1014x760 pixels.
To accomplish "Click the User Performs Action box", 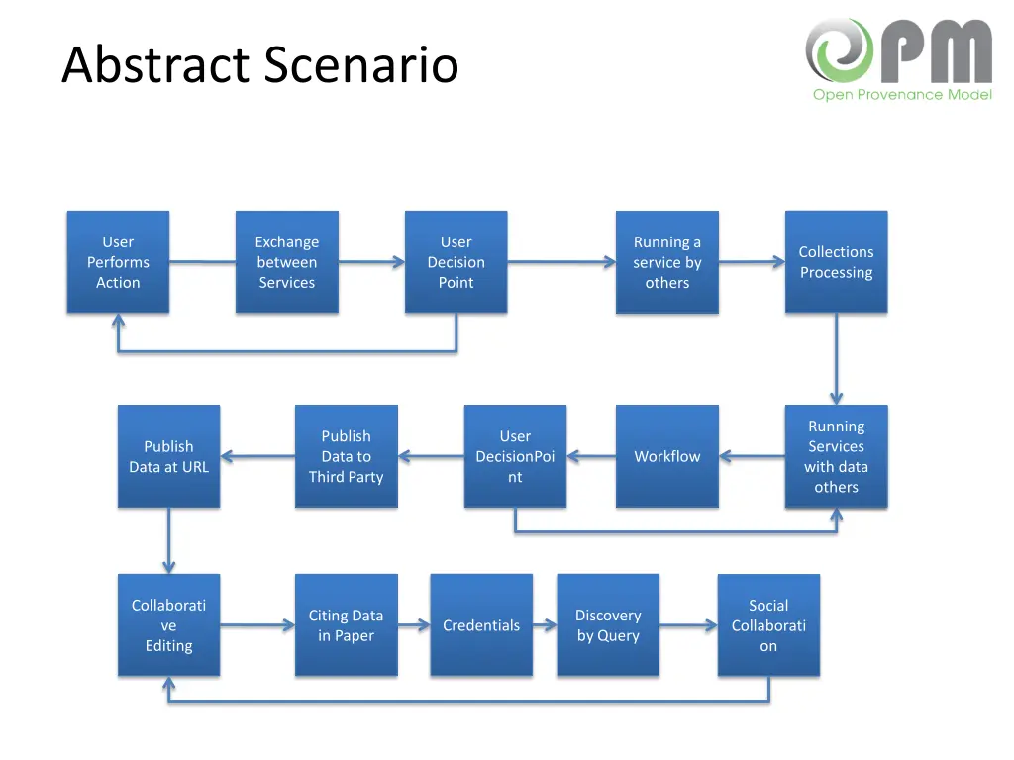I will (x=118, y=262).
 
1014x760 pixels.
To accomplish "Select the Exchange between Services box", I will (x=287, y=262).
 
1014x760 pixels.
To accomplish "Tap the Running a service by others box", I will (x=666, y=262).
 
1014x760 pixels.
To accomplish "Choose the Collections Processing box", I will (x=836, y=262).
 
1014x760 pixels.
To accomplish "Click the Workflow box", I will (x=666, y=456).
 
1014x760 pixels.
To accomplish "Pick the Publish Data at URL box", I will (x=168, y=456).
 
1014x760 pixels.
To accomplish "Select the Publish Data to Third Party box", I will (x=346, y=456).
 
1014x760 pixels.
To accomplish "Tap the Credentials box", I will (x=481, y=625).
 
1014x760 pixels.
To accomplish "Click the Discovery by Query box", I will (x=608, y=625).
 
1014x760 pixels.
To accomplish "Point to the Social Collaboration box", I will (x=768, y=625).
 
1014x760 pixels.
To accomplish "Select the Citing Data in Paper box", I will (x=346, y=625).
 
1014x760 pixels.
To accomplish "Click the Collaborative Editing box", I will (x=168, y=625).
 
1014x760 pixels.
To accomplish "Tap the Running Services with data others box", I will (x=836, y=456).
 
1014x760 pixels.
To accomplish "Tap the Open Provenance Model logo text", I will (x=902, y=95).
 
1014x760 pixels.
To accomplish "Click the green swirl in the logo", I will (x=838, y=50).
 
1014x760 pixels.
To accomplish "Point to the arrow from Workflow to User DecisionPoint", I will (x=591, y=457).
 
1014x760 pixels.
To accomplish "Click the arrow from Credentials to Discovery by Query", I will (x=545, y=625).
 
